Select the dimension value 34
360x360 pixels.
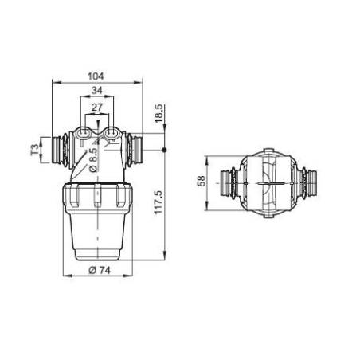click(x=96, y=90)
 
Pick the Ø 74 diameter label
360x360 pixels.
click(x=95, y=271)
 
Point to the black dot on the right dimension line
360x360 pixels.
click(x=164, y=151)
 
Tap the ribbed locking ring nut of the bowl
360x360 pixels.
click(x=96, y=198)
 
